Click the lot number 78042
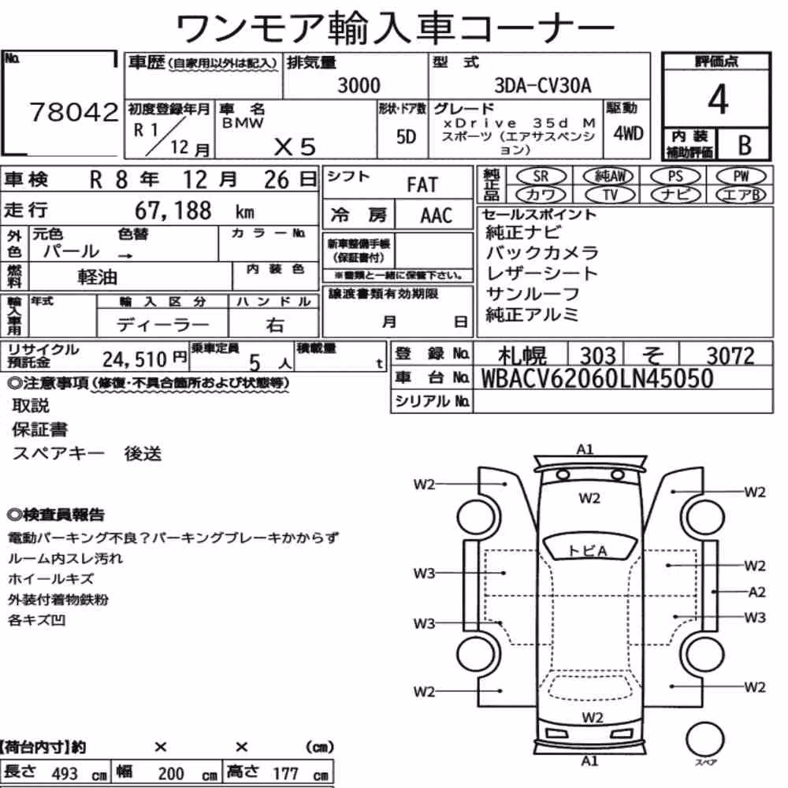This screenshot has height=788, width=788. point(74,112)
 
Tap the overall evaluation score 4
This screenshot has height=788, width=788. point(718,99)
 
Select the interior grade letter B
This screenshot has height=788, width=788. point(745,145)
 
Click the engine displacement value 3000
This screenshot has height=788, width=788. point(359,85)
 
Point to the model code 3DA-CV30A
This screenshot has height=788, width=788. point(543,85)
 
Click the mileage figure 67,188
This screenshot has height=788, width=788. point(173,210)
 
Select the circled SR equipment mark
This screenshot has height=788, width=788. point(541,176)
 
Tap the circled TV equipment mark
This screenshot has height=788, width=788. point(610,195)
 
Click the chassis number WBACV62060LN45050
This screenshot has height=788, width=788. point(597,378)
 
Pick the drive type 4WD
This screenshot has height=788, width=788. point(628,133)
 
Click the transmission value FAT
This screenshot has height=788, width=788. point(422,185)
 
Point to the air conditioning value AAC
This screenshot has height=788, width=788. point(437,216)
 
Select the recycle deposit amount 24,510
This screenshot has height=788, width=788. point(134,359)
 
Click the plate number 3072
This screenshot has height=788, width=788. point(730,356)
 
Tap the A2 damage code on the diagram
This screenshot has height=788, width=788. point(756,592)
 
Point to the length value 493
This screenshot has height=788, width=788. point(65,774)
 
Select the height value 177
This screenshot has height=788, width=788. point(285,774)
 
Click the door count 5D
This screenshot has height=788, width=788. point(406,136)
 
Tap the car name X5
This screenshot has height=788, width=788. point(295,147)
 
